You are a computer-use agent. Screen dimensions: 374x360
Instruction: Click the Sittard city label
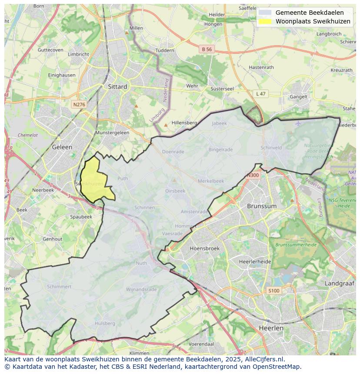[x=117, y=86]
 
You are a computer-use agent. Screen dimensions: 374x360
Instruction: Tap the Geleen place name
[x=62, y=147]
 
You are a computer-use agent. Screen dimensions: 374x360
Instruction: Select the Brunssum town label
[x=262, y=206]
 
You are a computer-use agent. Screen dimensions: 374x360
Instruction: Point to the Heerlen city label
[x=271, y=328]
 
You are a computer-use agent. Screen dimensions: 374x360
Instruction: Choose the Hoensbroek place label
[x=205, y=248]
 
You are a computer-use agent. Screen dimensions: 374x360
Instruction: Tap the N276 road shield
[x=79, y=105]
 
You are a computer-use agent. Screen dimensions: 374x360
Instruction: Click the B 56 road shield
[x=207, y=50]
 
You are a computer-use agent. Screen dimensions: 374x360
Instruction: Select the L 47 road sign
[x=261, y=94]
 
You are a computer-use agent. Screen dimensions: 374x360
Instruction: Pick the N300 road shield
[x=253, y=175]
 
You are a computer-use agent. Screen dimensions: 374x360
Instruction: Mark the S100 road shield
[x=273, y=291]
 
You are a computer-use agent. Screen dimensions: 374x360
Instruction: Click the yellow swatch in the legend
[x=264, y=21]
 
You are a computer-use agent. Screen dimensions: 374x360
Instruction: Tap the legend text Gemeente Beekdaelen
[x=309, y=13]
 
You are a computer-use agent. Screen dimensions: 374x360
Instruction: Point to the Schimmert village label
[x=59, y=287]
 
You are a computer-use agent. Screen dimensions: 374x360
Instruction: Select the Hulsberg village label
[x=105, y=323]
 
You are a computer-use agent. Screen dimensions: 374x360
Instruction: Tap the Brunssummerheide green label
[x=296, y=245]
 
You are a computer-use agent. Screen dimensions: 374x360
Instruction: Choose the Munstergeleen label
[x=112, y=132]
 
